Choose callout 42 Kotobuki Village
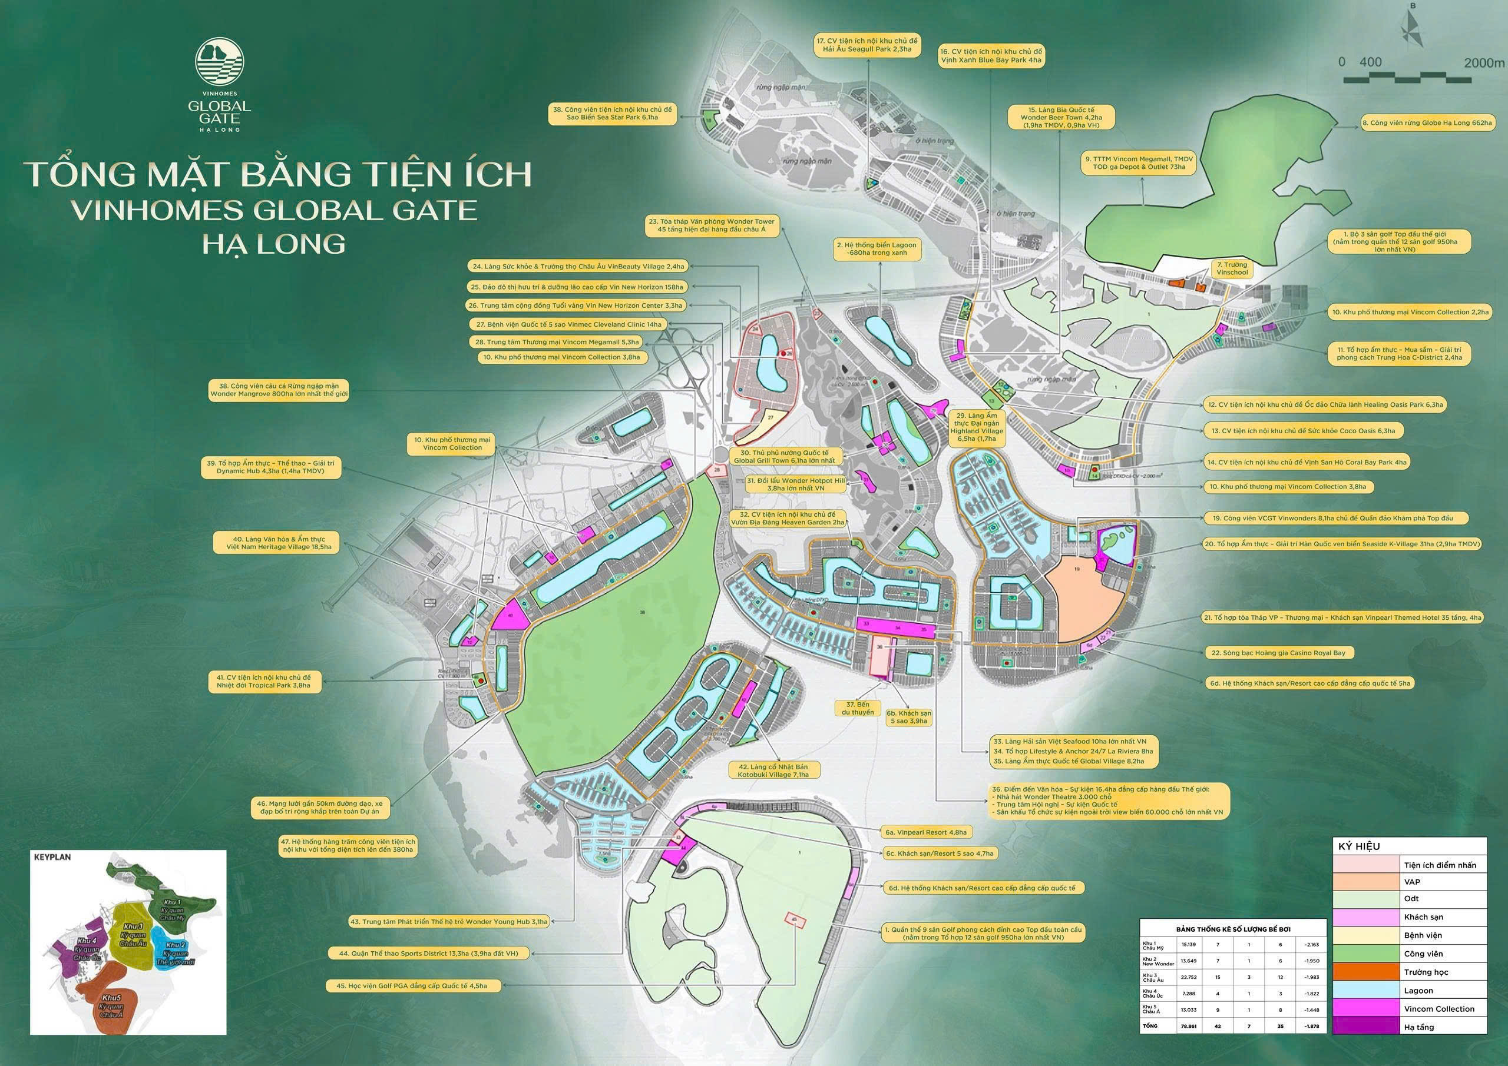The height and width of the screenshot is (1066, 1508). [772, 771]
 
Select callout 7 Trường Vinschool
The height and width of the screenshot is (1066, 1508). [1232, 268]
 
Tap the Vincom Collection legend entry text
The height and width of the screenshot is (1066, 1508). [1438, 1009]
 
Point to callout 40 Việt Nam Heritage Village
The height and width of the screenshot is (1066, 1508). [280, 543]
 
